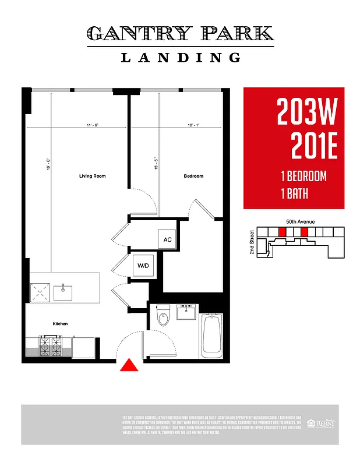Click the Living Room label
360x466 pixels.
click(92, 176)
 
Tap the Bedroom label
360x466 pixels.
click(194, 176)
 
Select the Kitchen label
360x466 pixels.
click(60, 323)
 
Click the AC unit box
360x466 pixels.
click(167, 239)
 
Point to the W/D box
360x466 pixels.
click(143, 266)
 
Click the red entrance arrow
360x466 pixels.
click(129, 365)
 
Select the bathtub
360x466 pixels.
click(211, 337)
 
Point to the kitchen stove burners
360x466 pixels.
click(51, 347)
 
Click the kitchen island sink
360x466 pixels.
click(62, 291)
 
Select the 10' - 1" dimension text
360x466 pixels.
click(193, 125)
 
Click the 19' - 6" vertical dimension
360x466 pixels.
click(48, 165)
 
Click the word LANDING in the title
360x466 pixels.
click(181, 57)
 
